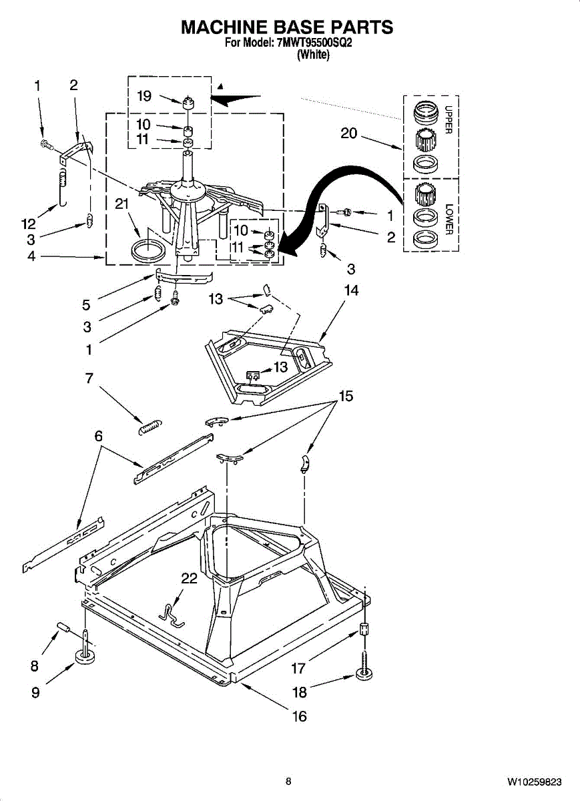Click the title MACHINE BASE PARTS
pos(287,27)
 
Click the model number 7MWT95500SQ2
pos(312,44)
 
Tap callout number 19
pos(144,96)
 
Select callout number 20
pos(348,133)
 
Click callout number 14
pos(351,290)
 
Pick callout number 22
pos(190,579)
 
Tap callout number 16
pos(300,716)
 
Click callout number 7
pos(89,378)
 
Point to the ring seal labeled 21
pos(148,253)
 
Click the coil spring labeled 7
pos(150,426)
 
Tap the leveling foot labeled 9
pos(85,658)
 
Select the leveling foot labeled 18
pos(364,678)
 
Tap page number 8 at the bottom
pos(288,782)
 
